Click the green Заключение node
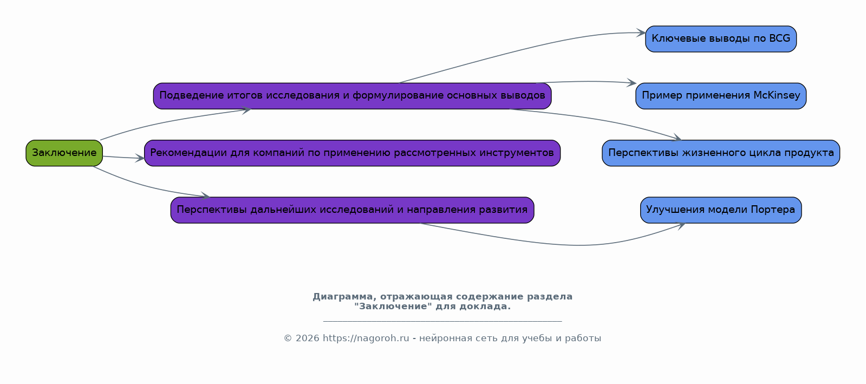[x=64, y=153]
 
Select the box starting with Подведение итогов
[x=352, y=96]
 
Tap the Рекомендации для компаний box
[x=352, y=153]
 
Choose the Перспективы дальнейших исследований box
[x=352, y=210]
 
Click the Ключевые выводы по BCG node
[x=721, y=39]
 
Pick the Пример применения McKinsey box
[x=721, y=96]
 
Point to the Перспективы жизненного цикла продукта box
[x=721, y=153]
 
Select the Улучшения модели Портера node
[x=721, y=210]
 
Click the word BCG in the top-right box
[x=779, y=38]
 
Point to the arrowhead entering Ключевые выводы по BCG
[x=641, y=33]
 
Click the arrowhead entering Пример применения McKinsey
[x=631, y=82]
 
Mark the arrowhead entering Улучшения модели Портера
[x=681, y=225]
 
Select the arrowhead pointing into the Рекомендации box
[x=140, y=158]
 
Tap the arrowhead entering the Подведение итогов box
[x=246, y=110]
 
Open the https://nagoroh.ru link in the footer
[x=366, y=339]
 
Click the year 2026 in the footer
[x=308, y=339]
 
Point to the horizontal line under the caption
[x=442, y=321]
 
